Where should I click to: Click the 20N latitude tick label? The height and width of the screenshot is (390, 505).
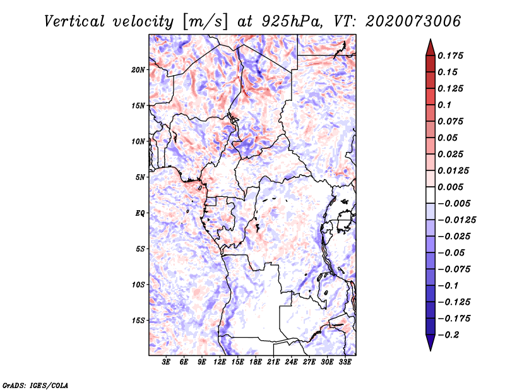pos(138,69)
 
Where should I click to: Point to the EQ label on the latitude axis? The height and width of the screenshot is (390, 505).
pos(140,213)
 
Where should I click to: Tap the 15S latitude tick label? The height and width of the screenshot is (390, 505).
pos(138,321)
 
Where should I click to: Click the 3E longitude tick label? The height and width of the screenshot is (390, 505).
pos(167,363)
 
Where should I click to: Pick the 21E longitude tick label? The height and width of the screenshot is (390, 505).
pos(274,363)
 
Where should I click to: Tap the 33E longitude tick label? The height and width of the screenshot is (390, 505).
pos(345,363)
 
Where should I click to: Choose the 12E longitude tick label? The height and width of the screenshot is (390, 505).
pos(220,363)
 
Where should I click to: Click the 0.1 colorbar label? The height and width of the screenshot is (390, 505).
pos(445,105)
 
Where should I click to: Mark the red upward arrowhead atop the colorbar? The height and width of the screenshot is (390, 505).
pos(429,45)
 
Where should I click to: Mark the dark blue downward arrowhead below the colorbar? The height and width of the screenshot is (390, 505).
pos(429,343)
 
